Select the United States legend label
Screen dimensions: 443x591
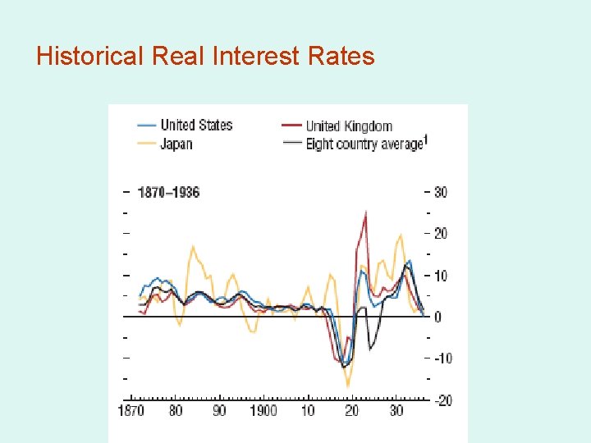(x=196, y=125)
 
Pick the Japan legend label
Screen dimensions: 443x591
(x=176, y=144)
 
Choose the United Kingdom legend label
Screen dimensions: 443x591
(x=349, y=126)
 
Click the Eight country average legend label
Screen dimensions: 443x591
(x=365, y=144)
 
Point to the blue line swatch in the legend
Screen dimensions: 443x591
(x=146, y=126)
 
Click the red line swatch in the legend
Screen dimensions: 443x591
(x=291, y=126)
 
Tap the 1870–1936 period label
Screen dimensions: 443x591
(x=168, y=192)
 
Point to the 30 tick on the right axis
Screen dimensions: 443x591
(x=440, y=192)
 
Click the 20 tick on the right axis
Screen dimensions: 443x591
(x=440, y=234)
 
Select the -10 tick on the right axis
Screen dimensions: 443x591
(x=442, y=359)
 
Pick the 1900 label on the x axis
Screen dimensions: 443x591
(x=263, y=410)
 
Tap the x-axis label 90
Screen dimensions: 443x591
(x=219, y=410)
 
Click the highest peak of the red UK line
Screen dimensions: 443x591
(x=365, y=212)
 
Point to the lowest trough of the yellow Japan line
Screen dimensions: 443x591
(x=348, y=385)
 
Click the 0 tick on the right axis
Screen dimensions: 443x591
(x=438, y=317)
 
